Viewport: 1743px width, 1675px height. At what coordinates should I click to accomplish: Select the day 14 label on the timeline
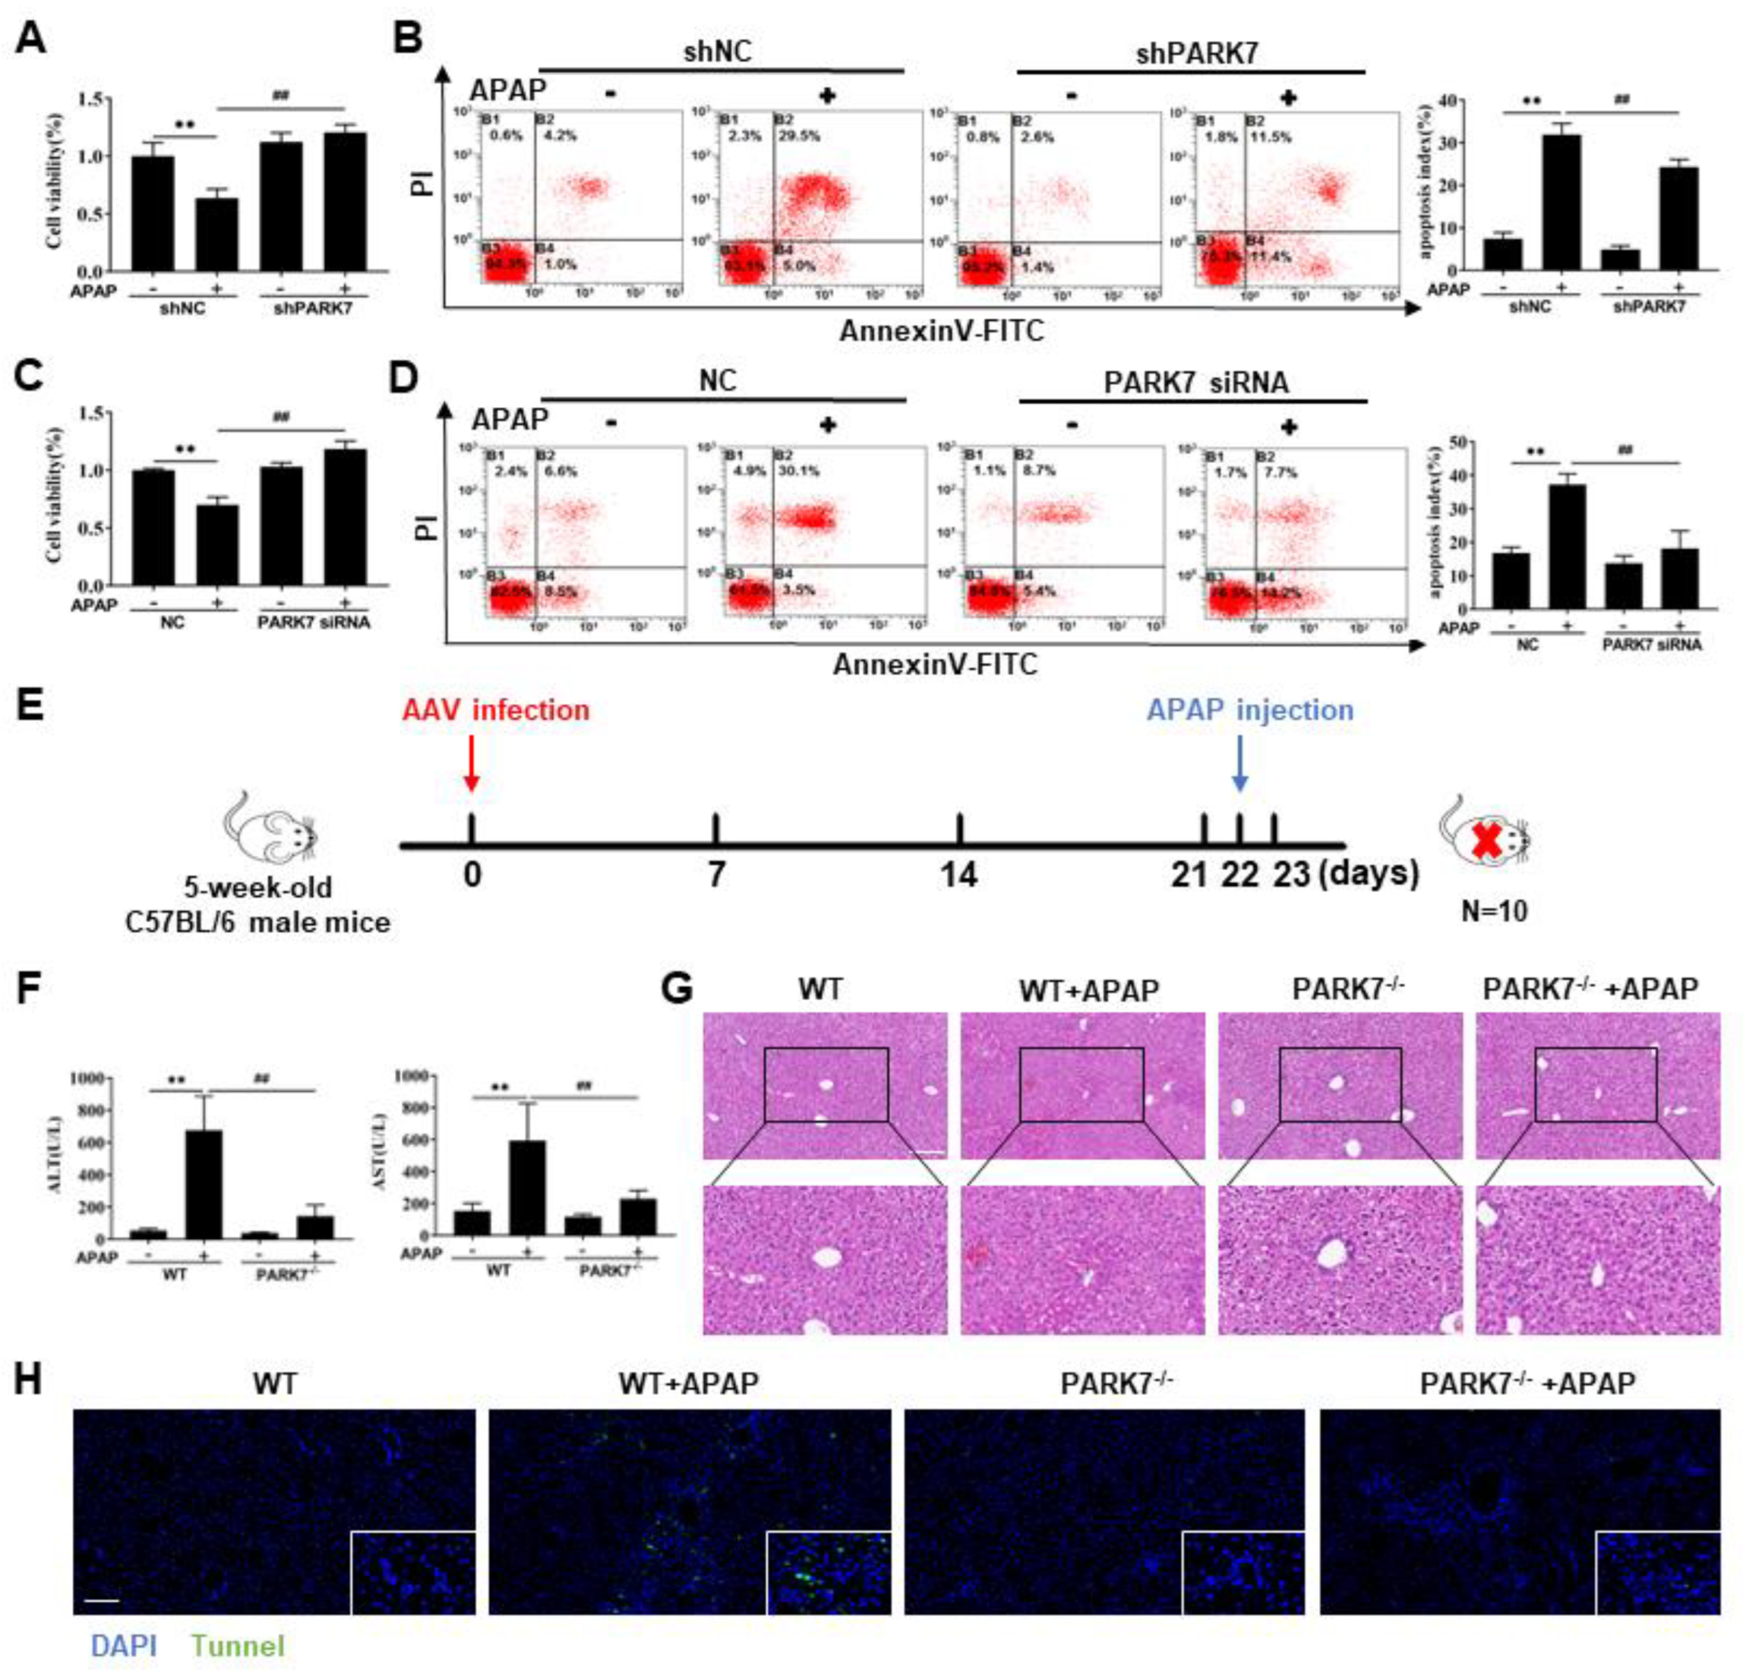(959, 875)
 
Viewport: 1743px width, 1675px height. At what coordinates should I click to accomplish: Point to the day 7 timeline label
(716, 875)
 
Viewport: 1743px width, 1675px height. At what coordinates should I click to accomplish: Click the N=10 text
(1494, 911)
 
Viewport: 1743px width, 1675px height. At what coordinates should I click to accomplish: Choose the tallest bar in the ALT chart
(204, 1183)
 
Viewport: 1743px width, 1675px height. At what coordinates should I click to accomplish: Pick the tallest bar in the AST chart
(531, 1188)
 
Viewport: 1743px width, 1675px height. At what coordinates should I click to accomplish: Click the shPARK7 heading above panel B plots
(1197, 53)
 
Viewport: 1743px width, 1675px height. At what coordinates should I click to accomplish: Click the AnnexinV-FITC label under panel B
(942, 332)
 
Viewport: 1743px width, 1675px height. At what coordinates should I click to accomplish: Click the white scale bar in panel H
(103, 1601)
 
